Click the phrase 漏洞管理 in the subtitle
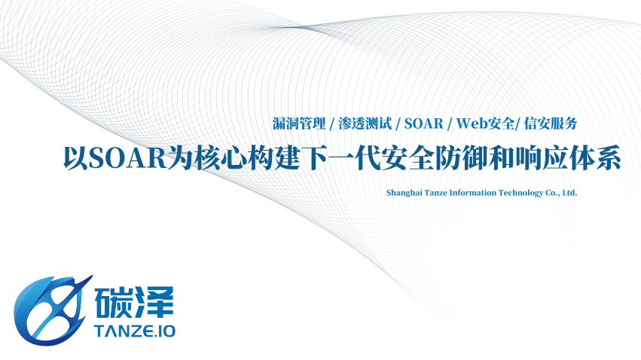click(299, 124)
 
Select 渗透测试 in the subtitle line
click(365, 124)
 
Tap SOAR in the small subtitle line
click(424, 124)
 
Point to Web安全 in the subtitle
click(485, 124)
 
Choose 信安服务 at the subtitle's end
click(551, 124)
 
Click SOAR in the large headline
click(127, 157)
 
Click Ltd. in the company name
click(570, 193)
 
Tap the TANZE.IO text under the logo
click(135, 331)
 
